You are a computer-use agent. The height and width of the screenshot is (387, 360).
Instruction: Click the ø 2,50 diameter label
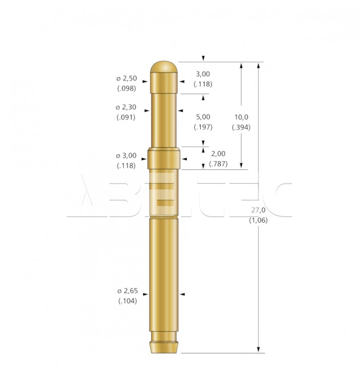[x=127, y=79]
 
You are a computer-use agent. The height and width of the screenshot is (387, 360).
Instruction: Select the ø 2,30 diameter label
[x=126, y=107]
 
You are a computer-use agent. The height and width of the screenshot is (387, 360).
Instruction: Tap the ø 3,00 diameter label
[x=126, y=156]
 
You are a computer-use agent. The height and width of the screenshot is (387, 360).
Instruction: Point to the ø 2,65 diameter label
[x=128, y=291]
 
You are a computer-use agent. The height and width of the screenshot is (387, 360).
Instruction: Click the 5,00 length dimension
[x=203, y=117]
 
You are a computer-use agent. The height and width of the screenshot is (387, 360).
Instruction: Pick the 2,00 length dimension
[x=218, y=154]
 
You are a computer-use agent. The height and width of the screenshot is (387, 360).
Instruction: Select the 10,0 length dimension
[x=241, y=117]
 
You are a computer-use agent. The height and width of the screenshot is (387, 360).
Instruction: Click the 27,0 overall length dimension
[x=258, y=210]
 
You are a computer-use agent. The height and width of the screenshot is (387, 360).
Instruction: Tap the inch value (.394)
[x=241, y=127]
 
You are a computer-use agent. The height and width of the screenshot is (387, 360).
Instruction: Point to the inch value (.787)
[x=218, y=164]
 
